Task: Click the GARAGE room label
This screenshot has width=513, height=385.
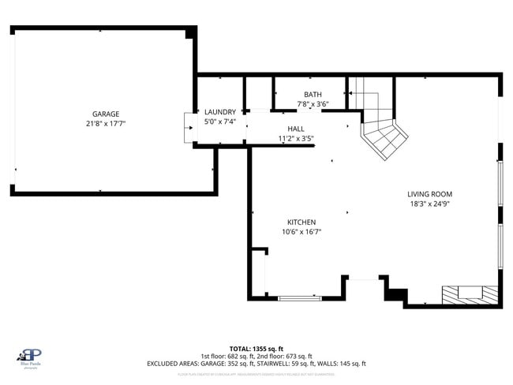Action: (x=105, y=114)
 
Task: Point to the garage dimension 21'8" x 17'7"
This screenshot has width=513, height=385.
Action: (x=105, y=124)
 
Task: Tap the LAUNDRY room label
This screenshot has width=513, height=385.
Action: (x=219, y=112)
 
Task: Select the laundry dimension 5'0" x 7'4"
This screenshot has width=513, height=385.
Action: (x=219, y=121)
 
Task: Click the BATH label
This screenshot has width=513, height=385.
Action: (x=313, y=95)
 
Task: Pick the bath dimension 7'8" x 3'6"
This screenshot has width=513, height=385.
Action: (x=313, y=104)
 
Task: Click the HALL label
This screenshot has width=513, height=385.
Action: (x=296, y=129)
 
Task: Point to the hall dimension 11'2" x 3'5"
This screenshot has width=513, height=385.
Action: (x=296, y=139)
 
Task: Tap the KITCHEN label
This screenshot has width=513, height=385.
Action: (x=301, y=222)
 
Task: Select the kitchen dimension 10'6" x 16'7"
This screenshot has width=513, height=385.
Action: (x=301, y=232)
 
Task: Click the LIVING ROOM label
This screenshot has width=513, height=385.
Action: (x=429, y=194)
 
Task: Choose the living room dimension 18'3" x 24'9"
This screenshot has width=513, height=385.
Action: (x=429, y=204)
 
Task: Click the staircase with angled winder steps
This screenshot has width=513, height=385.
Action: (x=383, y=134)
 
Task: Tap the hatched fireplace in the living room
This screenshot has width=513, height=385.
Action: (x=470, y=294)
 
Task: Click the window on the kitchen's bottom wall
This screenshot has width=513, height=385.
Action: (x=300, y=298)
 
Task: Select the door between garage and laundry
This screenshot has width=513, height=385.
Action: (x=190, y=129)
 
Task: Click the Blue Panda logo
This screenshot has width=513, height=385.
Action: (x=31, y=357)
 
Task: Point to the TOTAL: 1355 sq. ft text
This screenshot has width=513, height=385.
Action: (x=256, y=348)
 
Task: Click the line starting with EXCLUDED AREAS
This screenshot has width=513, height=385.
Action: (x=256, y=364)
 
